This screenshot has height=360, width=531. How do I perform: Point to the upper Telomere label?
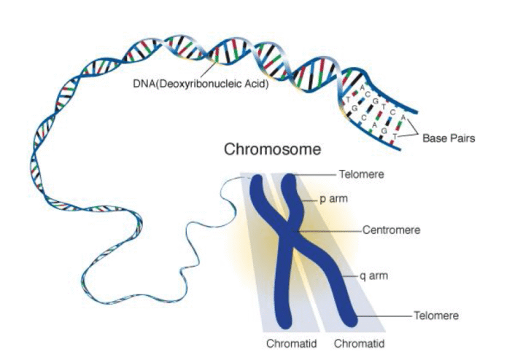pyautogui.click(x=361, y=174)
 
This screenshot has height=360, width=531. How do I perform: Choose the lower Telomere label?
pyautogui.click(x=435, y=316)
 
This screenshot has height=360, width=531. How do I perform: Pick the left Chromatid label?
pyautogui.click(x=289, y=343)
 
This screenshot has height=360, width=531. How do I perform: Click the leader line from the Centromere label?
pyautogui.click(x=336, y=230)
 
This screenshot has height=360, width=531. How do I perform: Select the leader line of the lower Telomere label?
pyautogui.click(x=383, y=316)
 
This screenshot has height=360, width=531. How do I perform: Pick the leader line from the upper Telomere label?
pyautogui.click(x=317, y=174)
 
